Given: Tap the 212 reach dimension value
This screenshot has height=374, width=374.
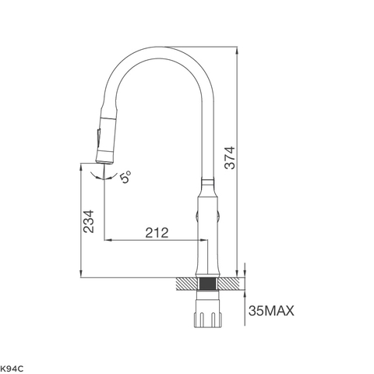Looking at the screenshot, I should click(153, 232).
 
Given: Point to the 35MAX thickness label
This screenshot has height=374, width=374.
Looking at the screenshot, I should click(271, 312).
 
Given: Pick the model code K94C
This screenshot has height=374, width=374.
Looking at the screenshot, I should click(12, 365).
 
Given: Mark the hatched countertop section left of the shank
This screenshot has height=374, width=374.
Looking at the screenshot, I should click(188, 283).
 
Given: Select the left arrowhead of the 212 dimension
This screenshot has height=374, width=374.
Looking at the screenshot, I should click(108, 241).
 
